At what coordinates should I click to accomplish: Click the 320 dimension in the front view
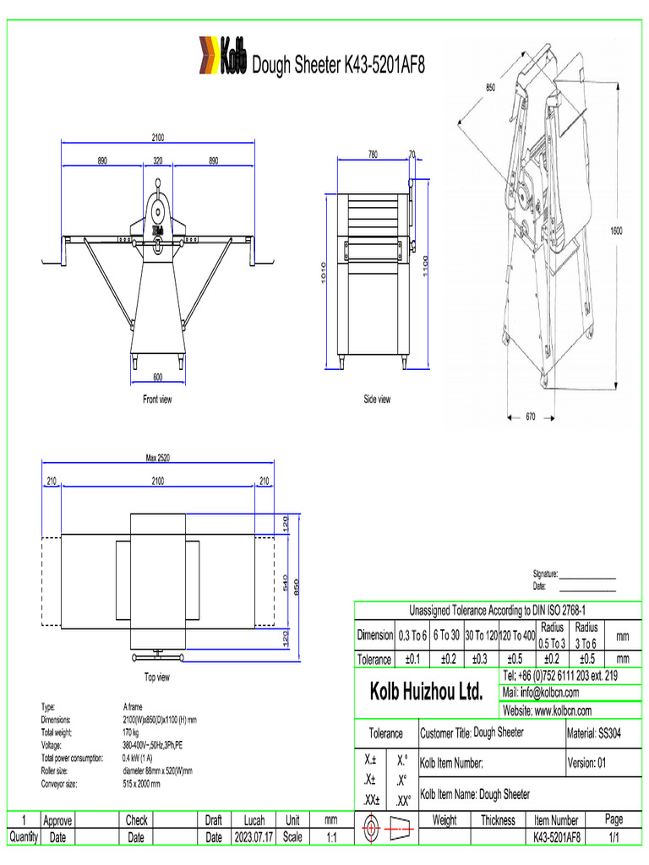coord(158,160)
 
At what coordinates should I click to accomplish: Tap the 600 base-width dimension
coord(158,377)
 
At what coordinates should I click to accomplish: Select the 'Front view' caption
coord(157,400)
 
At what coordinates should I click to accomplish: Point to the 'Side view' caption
coord(377,400)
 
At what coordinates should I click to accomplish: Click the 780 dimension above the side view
coord(373,154)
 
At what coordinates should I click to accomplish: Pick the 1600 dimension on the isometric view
coord(618,230)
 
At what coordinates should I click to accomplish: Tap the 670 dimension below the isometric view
coord(531,416)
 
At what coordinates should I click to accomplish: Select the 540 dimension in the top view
coord(286,582)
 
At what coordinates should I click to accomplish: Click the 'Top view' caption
coord(157,677)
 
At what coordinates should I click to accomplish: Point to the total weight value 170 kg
coord(131,732)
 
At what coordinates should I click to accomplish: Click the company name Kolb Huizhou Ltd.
coord(427,692)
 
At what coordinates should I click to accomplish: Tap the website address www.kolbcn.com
coord(547,711)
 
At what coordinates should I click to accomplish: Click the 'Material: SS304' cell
coord(594,733)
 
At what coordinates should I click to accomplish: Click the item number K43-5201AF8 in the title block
coord(556,837)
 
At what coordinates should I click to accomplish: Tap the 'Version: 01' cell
coord(594,763)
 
